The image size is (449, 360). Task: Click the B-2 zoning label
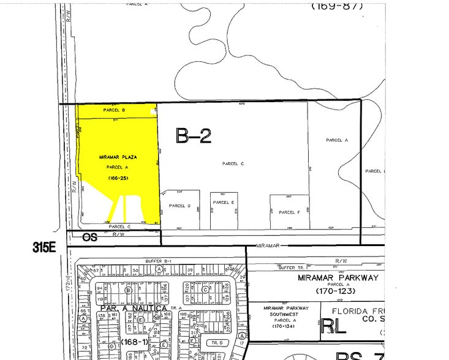(x=194, y=135)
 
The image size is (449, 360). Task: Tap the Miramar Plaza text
(x=118, y=157)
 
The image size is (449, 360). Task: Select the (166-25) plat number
(x=118, y=178)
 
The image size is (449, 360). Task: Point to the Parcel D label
(x=180, y=206)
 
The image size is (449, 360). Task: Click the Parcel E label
(x=224, y=202)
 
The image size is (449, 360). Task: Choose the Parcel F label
(x=289, y=212)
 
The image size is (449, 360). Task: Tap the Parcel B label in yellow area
(x=115, y=110)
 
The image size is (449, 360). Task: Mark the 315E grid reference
(x=48, y=247)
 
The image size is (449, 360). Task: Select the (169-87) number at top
(x=337, y=7)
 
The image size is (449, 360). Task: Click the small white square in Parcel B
(x=153, y=111)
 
